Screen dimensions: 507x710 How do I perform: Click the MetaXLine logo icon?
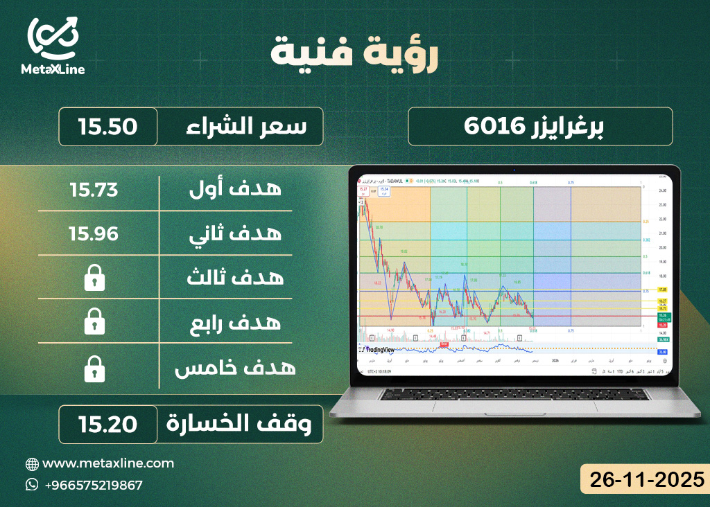pos(53,38)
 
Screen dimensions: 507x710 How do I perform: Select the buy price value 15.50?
pos(107,127)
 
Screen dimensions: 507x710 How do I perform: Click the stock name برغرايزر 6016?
pos(540,127)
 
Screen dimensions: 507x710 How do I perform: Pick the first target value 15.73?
pos(94,188)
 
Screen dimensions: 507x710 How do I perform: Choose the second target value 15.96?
pos(94,233)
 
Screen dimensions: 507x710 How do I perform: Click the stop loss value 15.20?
pos(107,424)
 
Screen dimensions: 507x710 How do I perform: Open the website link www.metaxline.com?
pos(108,463)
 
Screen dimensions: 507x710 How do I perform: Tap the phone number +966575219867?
pos(93,485)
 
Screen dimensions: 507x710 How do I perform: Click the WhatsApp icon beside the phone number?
pos(32,484)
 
